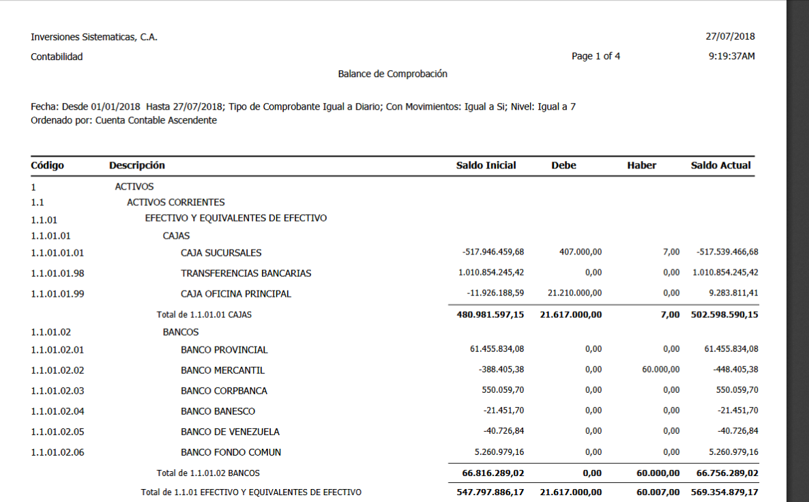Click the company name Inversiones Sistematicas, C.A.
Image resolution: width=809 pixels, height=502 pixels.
click(94, 38)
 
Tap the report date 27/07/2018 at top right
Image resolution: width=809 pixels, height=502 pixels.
click(730, 37)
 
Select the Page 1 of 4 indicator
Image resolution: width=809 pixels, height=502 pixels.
click(595, 57)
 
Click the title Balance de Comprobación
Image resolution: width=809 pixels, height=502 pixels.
click(393, 74)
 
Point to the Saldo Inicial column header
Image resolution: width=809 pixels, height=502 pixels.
click(486, 166)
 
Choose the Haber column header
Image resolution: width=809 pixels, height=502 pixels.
click(641, 166)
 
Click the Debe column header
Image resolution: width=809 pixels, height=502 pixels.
click(563, 166)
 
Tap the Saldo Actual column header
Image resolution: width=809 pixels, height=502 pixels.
click(720, 166)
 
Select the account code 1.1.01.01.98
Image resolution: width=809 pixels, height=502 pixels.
click(57, 274)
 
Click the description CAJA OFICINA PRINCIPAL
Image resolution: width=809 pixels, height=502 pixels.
click(236, 294)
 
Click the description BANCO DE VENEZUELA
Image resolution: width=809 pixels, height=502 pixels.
click(230, 432)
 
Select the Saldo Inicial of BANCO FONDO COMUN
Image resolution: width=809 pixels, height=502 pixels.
click(499, 452)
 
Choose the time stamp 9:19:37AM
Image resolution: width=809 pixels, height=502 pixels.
click(731, 57)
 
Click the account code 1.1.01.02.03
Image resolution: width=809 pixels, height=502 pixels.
click(57, 391)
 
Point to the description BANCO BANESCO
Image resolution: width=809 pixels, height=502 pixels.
click(218, 411)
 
